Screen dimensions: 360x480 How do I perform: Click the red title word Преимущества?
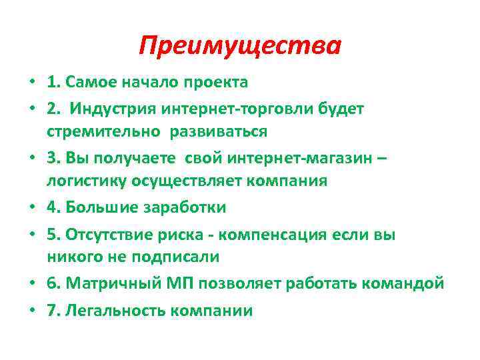pyautogui.click(x=240, y=46)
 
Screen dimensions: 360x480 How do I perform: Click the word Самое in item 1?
pyautogui.click(x=87, y=83)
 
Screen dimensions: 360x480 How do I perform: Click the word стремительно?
pyautogui.click(x=103, y=131)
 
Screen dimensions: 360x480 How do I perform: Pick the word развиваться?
pyautogui.click(x=218, y=131)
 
